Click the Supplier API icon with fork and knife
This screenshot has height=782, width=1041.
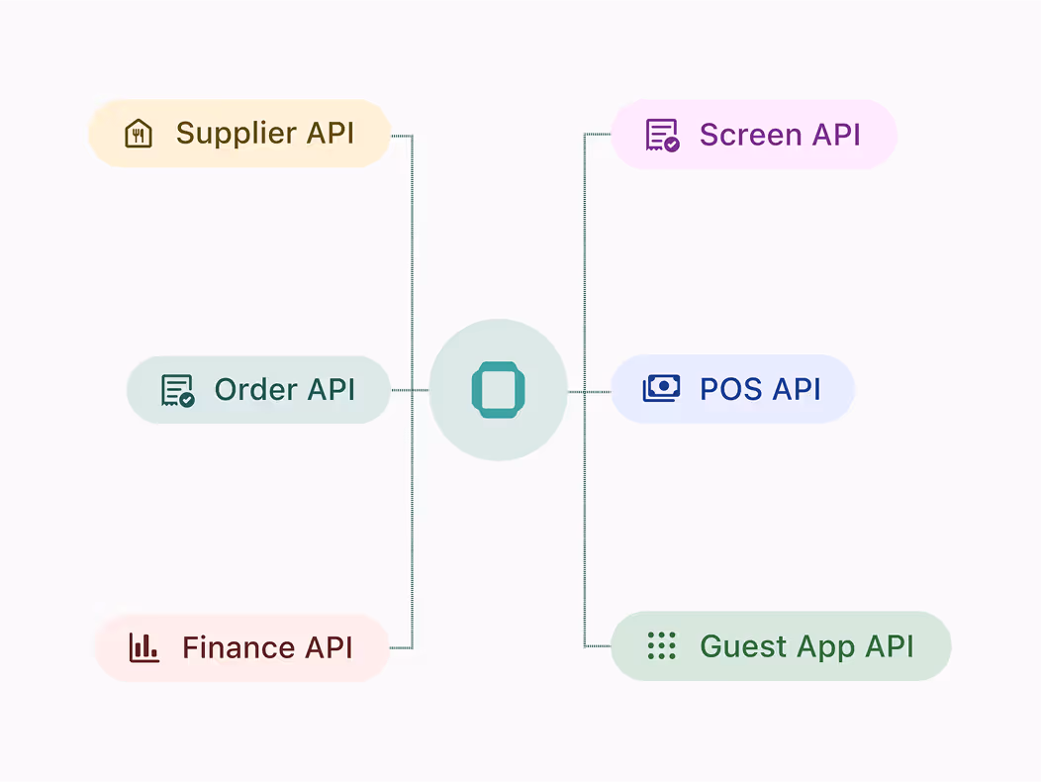coord(139,134)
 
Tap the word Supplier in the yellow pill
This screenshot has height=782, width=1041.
coord(235,134)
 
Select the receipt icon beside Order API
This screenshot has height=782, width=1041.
coord(177,390)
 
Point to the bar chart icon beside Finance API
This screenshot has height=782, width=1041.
coord(144,648)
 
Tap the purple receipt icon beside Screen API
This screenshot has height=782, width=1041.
coord(662,135)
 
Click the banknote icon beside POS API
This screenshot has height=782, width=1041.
coord(661,389)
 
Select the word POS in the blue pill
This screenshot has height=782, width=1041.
coord(731,389)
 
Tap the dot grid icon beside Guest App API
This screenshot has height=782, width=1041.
coord(661,646)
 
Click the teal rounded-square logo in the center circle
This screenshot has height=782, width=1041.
coord(498,390)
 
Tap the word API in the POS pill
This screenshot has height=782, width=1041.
coord(796,389)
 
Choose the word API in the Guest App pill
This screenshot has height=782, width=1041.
coord(889,646)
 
